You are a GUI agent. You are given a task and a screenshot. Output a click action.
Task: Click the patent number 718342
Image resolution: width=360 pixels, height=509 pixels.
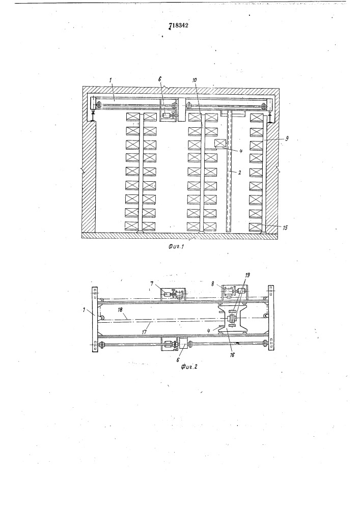coord(179,25)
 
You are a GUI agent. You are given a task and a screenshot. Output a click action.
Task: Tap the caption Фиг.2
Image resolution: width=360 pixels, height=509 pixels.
coord(189,367)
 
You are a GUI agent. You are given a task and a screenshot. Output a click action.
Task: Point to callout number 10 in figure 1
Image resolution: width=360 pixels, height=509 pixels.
coord(195,80)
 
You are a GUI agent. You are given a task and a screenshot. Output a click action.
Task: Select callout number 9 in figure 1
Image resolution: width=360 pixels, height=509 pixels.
coord(286,138)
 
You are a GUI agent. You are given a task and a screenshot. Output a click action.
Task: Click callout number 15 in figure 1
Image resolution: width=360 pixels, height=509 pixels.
coord(285,228)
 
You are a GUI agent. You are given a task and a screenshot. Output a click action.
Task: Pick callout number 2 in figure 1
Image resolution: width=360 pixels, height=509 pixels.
coord(239,173)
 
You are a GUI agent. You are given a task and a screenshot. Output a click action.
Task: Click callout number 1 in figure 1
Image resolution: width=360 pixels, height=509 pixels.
coord(110,80)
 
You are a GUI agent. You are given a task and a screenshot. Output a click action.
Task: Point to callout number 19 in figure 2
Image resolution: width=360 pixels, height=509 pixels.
coord(247,275)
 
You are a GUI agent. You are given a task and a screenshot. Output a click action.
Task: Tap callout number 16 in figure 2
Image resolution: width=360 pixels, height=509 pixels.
coord(232,355)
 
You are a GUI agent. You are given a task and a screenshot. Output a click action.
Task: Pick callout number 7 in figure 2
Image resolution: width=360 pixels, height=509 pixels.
coord(152,284)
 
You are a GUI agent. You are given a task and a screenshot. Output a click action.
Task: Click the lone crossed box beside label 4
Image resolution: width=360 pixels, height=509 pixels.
coord(220,144)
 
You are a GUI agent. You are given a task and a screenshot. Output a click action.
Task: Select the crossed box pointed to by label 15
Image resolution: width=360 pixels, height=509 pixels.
coord(255,227)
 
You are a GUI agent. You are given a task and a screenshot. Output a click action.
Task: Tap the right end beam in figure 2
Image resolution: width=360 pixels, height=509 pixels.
coord(270,318)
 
